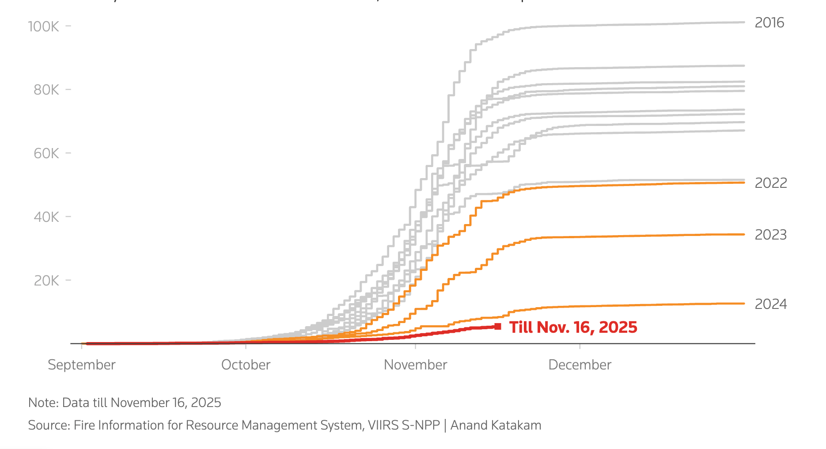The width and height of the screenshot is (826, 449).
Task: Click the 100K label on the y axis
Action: (43, 27)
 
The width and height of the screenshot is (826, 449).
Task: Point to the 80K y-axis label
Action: (46, 90)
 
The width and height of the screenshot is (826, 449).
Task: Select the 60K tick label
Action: (46, 153)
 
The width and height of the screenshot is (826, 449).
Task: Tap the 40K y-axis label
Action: (46, 217)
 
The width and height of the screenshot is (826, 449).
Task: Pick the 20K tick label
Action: (46, 281)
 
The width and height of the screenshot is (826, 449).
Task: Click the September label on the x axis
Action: (82, 365)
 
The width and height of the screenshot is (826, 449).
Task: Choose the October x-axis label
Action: (246, 365)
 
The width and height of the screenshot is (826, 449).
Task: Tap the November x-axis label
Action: (415, 365)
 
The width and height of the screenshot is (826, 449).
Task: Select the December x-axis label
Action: (580, 365)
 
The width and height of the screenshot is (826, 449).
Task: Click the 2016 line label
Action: (769, 23)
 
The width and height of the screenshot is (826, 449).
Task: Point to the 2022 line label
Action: (771, 183)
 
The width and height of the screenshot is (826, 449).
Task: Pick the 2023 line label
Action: (771, 235)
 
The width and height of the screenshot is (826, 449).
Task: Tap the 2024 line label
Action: (771, 304)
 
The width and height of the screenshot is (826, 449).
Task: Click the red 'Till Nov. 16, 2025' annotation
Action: (573, 327)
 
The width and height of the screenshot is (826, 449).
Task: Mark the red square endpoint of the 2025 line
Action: (498, 327)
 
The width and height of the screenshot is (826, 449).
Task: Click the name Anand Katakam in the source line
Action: (496, 425)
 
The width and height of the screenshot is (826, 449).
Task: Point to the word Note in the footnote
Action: (43, 403)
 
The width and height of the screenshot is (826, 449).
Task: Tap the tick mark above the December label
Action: (580, 346)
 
